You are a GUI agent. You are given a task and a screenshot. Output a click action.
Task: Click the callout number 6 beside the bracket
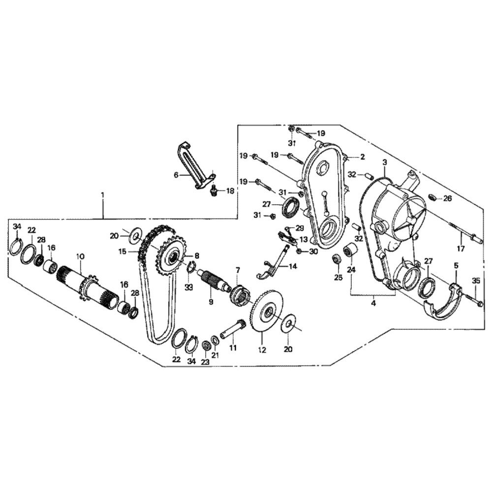(x=176, y=175)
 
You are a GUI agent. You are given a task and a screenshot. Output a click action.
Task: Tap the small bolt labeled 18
(x=214, y=190)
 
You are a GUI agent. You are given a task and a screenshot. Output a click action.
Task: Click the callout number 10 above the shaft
(x=80, y=256)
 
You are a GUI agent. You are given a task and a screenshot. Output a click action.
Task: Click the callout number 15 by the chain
(x=123, y=251)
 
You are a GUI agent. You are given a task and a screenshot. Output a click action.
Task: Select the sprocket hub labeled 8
(x=172, y=257)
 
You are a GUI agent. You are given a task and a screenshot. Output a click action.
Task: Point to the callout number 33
(x=188, y=287)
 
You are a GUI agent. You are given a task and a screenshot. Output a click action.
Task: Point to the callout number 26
(x=447, y=199)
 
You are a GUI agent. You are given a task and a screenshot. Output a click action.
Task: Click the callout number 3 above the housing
(x=385, y=162)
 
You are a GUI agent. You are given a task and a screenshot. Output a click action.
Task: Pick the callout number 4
(x=373, y=303)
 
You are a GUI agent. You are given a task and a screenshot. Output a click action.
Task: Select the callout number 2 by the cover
(x=363, y=157)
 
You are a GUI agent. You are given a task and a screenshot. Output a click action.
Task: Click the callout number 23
(x=205, y=362)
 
